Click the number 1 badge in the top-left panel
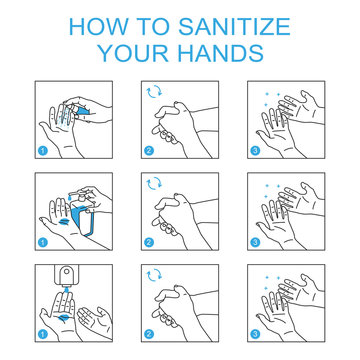43,151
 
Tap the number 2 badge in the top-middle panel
149,151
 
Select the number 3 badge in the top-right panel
255,151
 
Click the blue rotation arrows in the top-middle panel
153,95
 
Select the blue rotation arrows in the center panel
153,184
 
